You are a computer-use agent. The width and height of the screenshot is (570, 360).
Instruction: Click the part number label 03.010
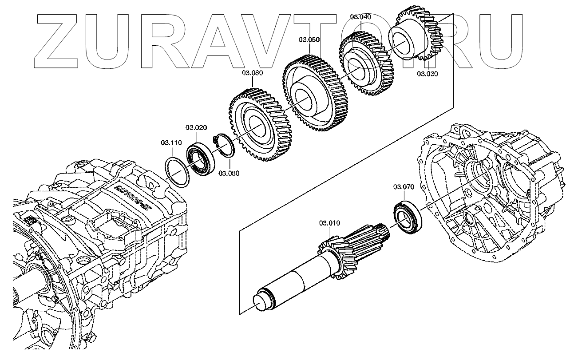(329, 223)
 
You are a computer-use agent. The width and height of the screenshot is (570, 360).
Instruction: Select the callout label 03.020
(197, 128)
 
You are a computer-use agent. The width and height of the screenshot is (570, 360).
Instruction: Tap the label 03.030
(427, 74)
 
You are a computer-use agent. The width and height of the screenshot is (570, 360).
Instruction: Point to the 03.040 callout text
(360, 17)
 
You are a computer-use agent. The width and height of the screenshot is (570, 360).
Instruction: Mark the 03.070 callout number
(404, 187)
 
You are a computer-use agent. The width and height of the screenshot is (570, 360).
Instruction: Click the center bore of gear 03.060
(258, 125)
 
